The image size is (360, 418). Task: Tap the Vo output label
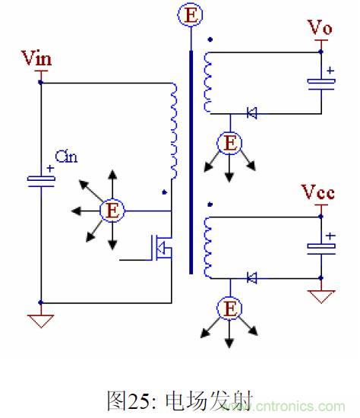320,28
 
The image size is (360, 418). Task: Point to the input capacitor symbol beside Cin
41,179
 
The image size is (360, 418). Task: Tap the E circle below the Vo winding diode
228,143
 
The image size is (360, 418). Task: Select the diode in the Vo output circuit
252,114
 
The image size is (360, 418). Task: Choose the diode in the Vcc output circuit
252,278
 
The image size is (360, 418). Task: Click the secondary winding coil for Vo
207,84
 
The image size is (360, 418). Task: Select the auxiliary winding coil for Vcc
207,248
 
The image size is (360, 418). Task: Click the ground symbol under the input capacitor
41,319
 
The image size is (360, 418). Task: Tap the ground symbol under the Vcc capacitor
321,295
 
